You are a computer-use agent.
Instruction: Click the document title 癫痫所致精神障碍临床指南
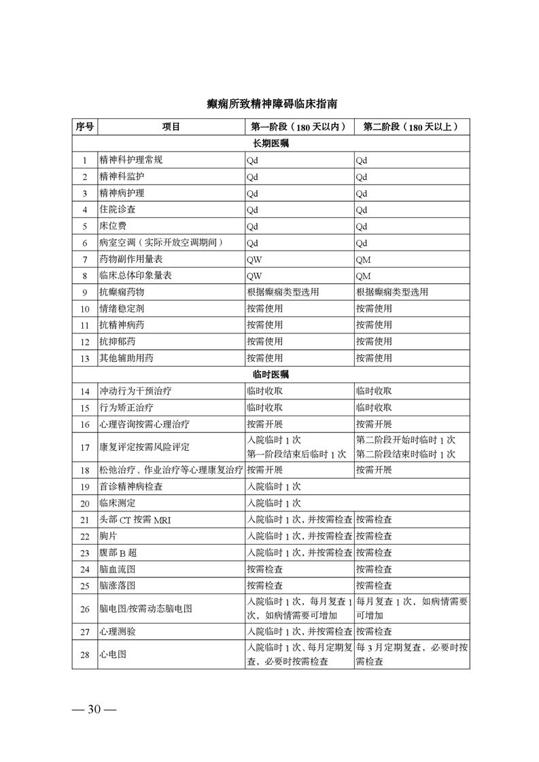pyautogui.click(x=270, y=104)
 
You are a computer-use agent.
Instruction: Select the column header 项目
pyautogui.click(x=171, y=127)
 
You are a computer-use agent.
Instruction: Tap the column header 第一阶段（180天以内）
pyautogui.click(x=299, y=127)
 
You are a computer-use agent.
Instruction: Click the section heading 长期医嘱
pyautogui.click(x=271, y=144)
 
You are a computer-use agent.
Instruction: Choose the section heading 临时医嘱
pyautogui.click(x=271, y=374)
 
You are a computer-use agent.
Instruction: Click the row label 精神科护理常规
pyautogui.click(x=131, y=160)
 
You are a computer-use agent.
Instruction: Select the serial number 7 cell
pyautogui.click(x=85, y=259)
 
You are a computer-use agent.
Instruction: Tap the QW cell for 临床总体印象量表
pyautogui.click(x=254, y=276)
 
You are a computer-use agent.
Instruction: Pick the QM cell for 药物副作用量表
pyautogui.click(x=363, y=259)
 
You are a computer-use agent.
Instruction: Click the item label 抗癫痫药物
pyautogui.click(x=122, y=292)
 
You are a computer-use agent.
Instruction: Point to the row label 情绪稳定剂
pyautogui.click(x=122, y=308)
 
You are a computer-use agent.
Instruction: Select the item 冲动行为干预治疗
pyautogui.click(x=135, y=391)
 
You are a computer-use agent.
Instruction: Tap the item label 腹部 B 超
pyautogui.click(x=118, y=552)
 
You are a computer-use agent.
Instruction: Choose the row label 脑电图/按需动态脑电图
pyautogui.click(x=145, y=609)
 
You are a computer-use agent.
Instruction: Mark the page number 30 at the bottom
pyautogui.click(x=94, y=710)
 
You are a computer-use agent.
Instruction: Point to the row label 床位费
pyautogui.click(x=113, y=226)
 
